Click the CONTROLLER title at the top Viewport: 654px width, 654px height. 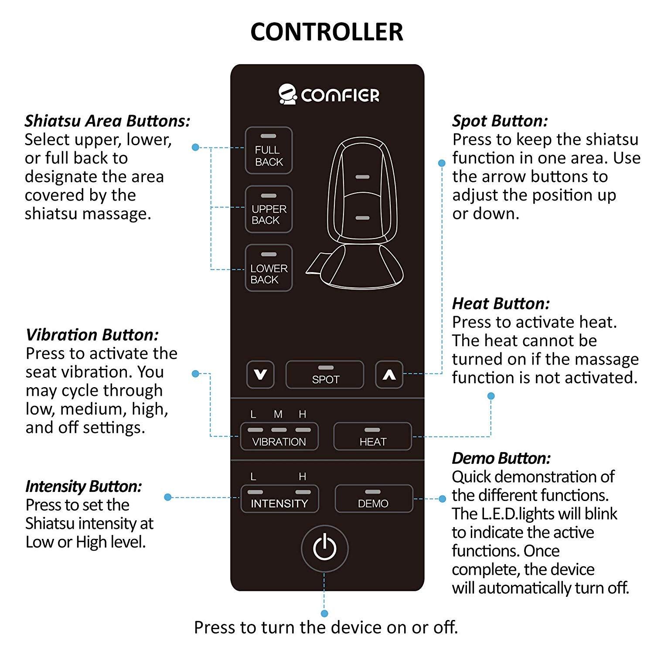pos(327,32)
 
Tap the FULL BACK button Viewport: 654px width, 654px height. pos(269,150)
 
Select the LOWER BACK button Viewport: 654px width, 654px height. pos(269,268)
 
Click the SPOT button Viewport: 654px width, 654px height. pos(325,375)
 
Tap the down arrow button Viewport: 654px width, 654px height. pos(260,375)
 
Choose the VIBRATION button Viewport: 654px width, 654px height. pos(279,436)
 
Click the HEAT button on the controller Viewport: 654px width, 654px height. pos(373,436)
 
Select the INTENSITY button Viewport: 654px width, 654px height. pos(279,499)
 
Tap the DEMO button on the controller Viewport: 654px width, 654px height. pos(374,499)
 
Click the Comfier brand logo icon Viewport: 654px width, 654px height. pos(288,94)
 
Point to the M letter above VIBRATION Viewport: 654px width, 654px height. pos(278,414)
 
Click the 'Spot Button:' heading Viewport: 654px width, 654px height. pos(500,121)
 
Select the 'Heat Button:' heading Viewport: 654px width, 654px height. pos(501,303)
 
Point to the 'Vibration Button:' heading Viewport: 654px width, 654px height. pos(92,335)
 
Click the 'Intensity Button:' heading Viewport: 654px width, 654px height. pos(84,486)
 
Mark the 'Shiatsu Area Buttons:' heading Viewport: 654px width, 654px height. pos(107,121)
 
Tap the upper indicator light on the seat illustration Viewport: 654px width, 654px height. pos(362,177)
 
